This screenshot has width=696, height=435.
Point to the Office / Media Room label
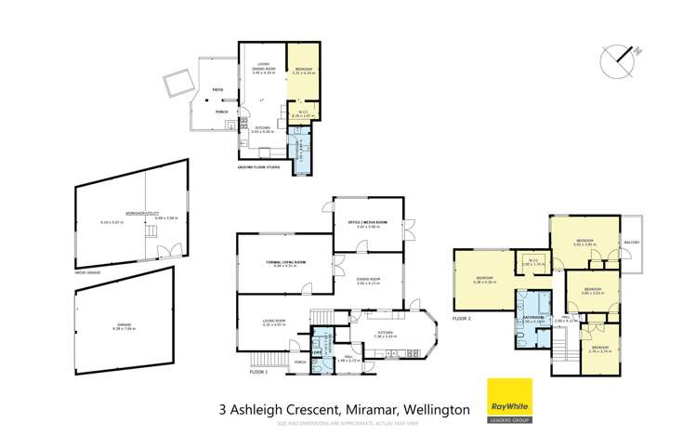(x=368, y=222)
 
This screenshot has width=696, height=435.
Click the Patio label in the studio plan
(x=217, y=90)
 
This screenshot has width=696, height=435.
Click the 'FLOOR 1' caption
(x=258, y=371)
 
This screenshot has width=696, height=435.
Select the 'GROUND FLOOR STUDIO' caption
(x=259, y=166)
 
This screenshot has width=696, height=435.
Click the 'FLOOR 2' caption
(x=464, y=318)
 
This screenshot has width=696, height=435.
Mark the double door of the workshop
(x=166, y=249)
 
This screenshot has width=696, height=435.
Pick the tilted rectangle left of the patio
(x=176, y=86)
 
